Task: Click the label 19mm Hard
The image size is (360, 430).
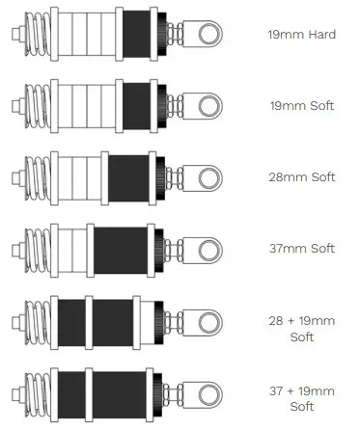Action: [302, 34]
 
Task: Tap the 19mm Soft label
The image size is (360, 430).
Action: [302, 105]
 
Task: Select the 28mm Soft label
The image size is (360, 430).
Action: [302, 176]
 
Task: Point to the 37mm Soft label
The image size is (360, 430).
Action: [302, 248]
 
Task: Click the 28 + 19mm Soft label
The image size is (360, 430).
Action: [302, 328]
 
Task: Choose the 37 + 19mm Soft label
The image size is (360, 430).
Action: [302, 399]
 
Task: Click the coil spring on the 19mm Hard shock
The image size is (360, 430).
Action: [37, 35]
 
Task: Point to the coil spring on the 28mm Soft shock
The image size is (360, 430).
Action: [37, 176]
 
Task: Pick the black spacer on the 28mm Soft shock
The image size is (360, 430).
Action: [129, 176]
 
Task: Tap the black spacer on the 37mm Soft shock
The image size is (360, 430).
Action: [121, 249]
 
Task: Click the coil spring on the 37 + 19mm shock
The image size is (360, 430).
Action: [37, 394]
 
